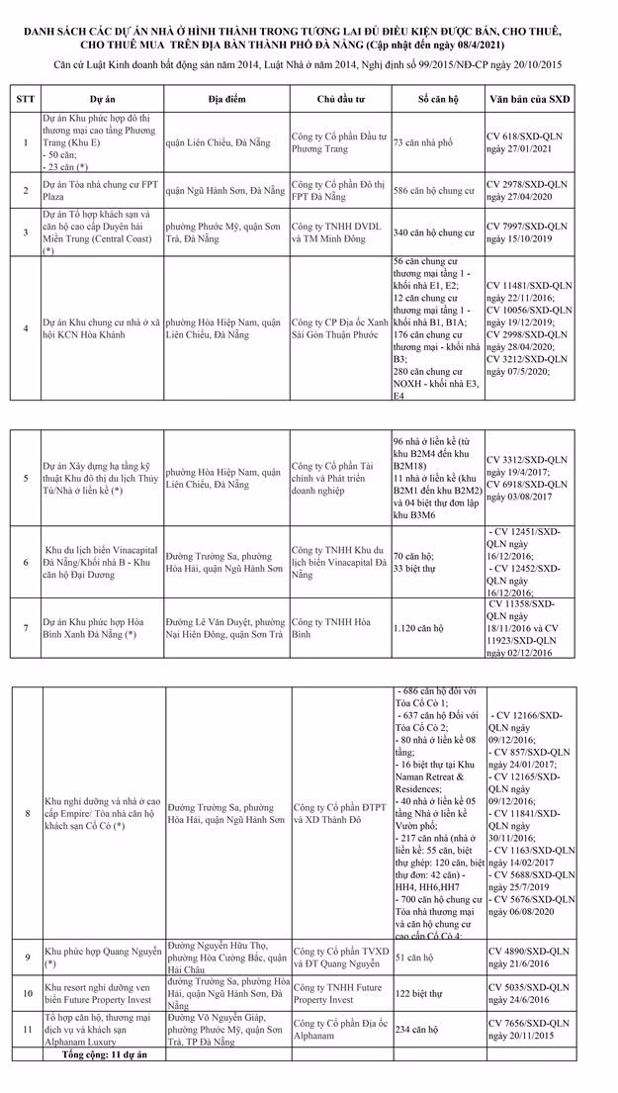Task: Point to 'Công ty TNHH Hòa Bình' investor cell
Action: pyautogui.click(x=327, y=627)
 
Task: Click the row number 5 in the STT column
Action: pyautogui.click(x=25, y=478)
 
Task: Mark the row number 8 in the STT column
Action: pyautogui.click(x=25, y=812)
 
